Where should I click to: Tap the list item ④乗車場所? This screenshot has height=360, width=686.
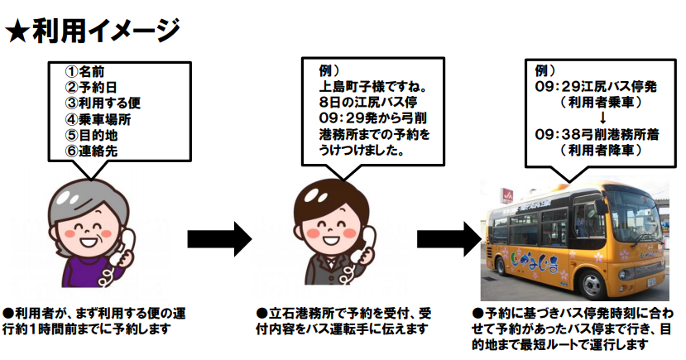coord(98,119)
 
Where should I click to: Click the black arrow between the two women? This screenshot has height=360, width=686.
coord(218,239)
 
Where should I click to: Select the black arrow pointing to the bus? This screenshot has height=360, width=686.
coord(449,239)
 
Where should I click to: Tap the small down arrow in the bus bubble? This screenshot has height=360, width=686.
coord(590,118)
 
